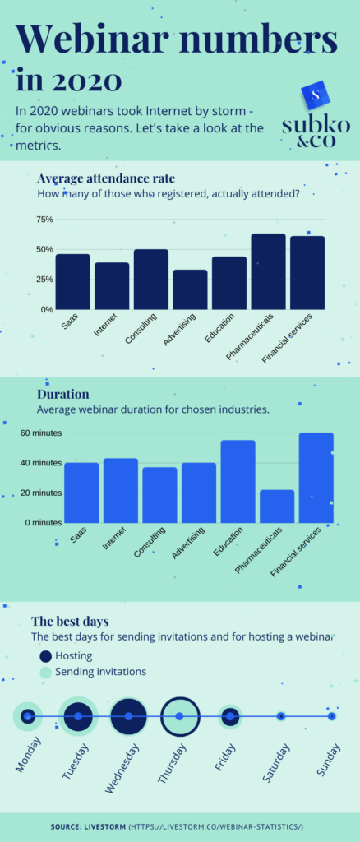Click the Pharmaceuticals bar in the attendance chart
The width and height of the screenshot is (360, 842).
(x=268, y=271)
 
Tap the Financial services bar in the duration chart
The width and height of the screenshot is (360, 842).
(x=316, y=478)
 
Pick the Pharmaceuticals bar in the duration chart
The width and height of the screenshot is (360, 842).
(x=277, y=506)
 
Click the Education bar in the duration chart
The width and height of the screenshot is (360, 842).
(x=238, y=481)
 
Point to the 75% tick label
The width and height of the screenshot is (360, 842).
(x=44, y=220)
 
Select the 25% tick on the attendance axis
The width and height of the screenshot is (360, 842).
(x=44, y=280)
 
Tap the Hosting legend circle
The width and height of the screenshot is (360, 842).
(x=45, y=655)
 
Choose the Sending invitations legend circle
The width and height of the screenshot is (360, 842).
(x=45, y=672)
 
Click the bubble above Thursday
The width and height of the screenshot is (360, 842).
(x=180, y=716)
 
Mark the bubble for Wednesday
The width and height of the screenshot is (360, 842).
(x=129, y=716)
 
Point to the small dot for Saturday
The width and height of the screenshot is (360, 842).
(x=281, y=716)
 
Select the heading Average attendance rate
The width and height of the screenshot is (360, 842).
(x=105, y=178)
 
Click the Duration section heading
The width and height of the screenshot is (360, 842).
(x=63, y=394)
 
